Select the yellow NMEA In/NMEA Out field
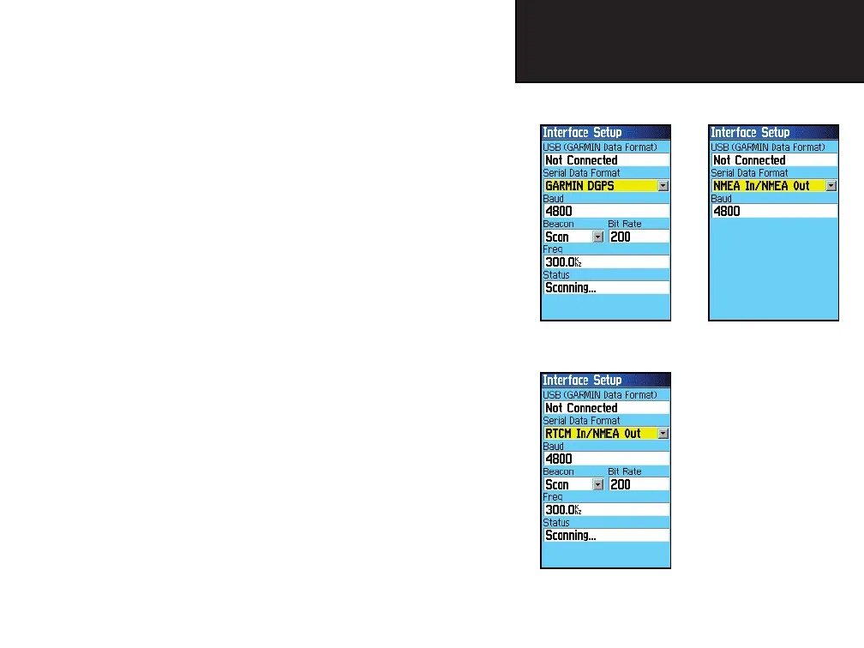point(766,185)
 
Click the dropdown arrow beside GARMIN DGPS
point(663,186)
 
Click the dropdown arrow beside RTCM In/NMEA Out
point(663,434)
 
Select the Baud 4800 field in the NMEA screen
point(773,211)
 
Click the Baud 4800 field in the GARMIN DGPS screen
point(605,211)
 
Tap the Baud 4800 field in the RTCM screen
point(605,459)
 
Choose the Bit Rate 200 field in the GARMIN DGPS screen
point(639,237)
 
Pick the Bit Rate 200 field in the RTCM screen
point(639,484)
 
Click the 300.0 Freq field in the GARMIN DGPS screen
point(605,262)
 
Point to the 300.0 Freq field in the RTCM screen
point(605,510)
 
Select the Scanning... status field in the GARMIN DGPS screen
point(605,288)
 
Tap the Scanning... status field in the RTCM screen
point(605,536)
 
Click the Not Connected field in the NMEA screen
point(773,160)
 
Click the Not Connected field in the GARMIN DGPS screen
point(605,160)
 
